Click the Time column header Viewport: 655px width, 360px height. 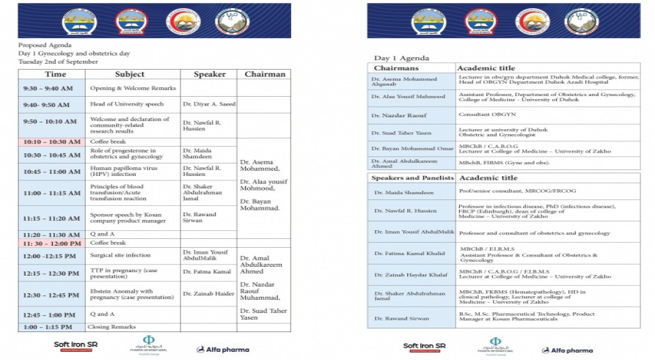tap(55, 74)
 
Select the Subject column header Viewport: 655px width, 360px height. tap(129, 74)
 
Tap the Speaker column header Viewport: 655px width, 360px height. tap(209, 74)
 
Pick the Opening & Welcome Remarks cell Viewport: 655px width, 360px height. tap(122, 88)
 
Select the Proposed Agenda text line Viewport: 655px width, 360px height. tap(45, 45)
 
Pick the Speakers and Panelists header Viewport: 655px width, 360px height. tap(413, 178)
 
